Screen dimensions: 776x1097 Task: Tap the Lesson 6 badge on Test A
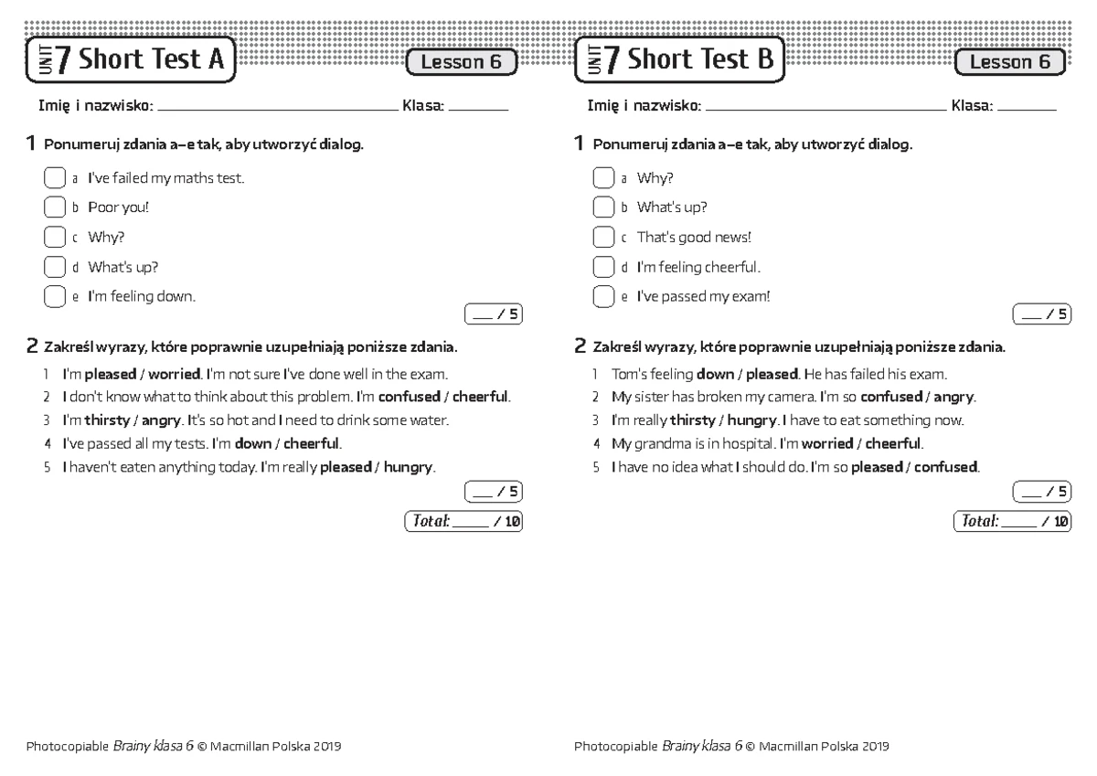coord(462,62)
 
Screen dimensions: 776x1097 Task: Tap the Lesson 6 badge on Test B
coord(1010,62)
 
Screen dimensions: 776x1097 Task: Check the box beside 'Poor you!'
coord(54,207)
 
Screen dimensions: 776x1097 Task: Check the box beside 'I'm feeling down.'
coord(54,297)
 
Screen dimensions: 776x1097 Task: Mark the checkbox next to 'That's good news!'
coord(602,238)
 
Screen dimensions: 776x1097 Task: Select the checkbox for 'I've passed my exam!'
coord(602,297)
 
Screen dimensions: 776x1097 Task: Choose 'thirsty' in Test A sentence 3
coord(107,420)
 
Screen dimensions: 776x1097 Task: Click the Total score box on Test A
coord(463,522)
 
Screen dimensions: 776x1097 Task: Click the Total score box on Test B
coord(1012,522)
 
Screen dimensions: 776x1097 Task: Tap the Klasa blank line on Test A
coord(478,108)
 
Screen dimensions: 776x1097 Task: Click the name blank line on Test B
coord(826,108)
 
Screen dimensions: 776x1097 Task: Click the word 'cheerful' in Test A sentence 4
coord(312,444)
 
